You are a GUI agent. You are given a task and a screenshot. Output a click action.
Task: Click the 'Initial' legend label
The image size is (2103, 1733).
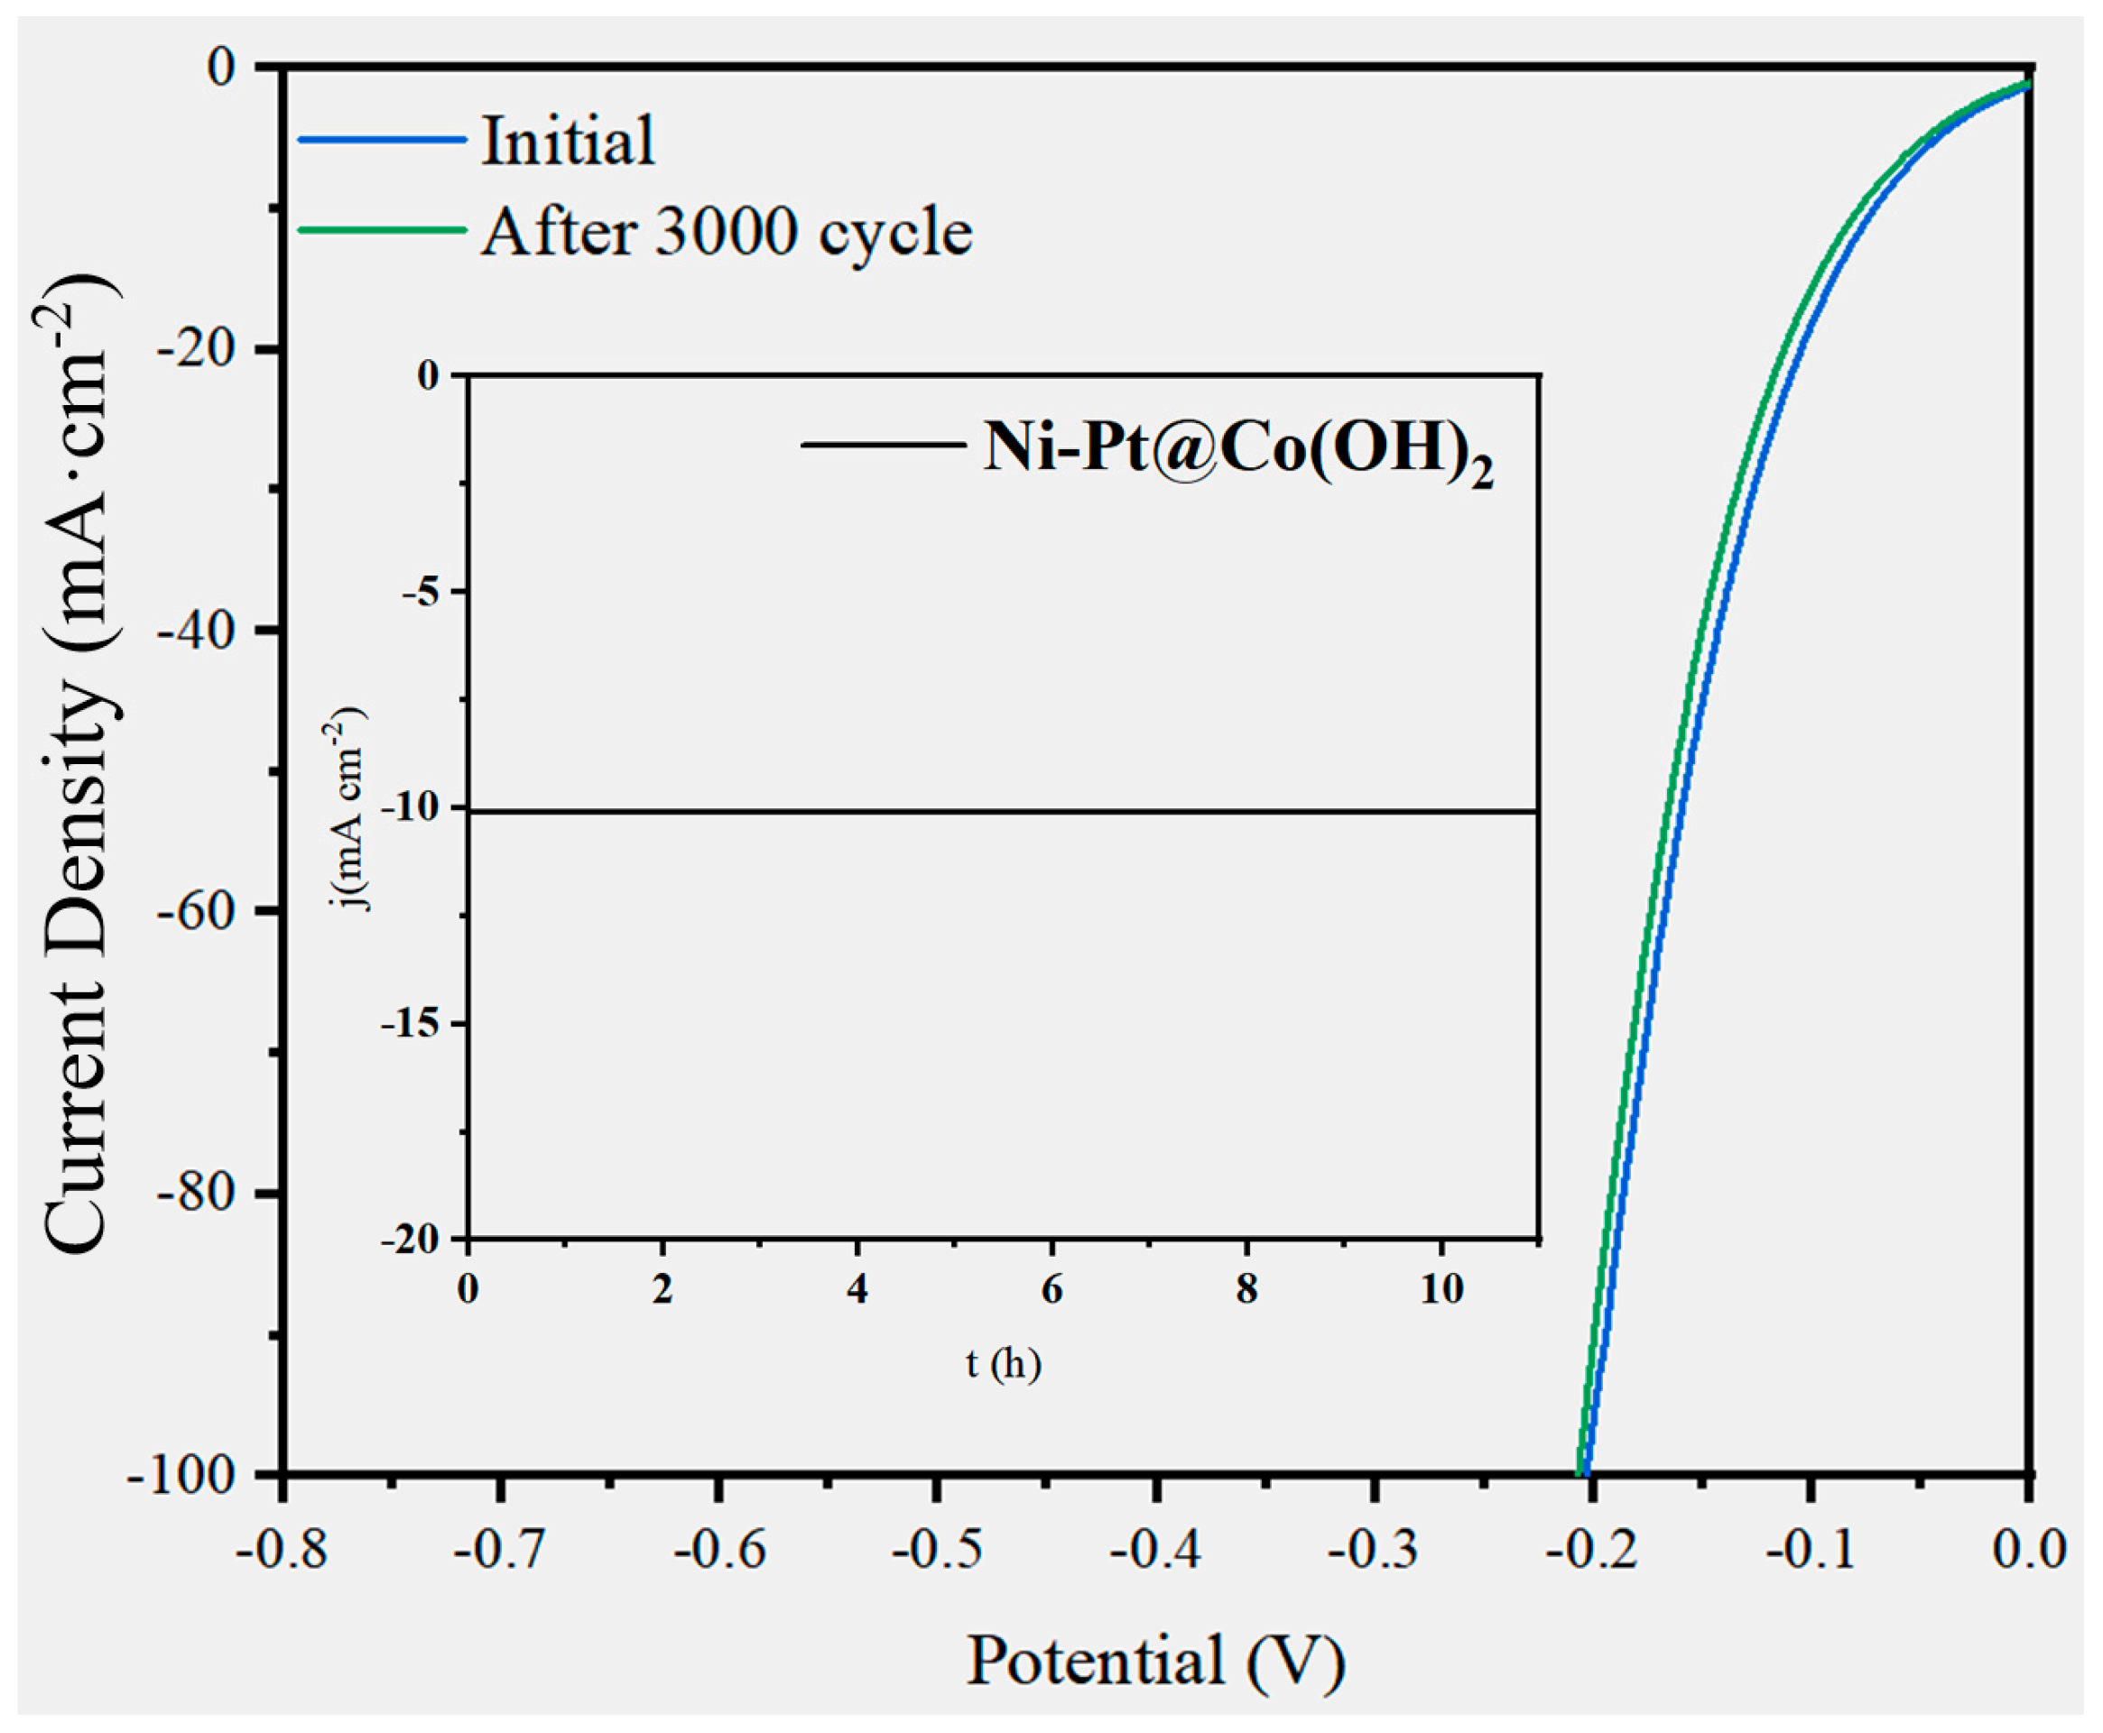click(569, 141)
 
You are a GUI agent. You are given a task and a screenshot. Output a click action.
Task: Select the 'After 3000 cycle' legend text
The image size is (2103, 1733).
click(726, 233)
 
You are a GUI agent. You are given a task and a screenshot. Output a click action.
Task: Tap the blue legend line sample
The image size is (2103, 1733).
click(383, 140)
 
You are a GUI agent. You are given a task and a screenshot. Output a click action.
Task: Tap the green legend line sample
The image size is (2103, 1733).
click(383, 230)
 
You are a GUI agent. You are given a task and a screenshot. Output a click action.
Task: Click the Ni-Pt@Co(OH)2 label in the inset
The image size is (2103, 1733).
click(1238, 448)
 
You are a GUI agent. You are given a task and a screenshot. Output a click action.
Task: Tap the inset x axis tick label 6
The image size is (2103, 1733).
click(1051, 1289)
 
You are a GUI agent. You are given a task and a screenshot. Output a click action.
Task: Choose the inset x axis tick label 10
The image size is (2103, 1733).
click(1441, 1289)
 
